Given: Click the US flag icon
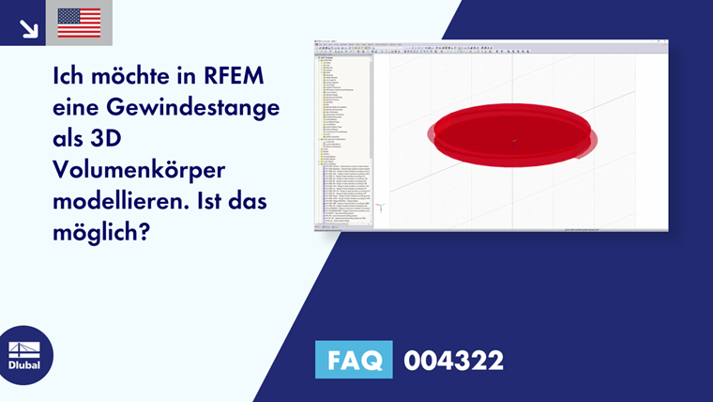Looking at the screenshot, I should (x=79, y=23).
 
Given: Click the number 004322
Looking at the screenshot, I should (x=453, y=360).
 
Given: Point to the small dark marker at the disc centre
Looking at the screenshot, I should (x=514, y=142).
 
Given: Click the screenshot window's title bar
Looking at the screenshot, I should (x=488, y=42).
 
